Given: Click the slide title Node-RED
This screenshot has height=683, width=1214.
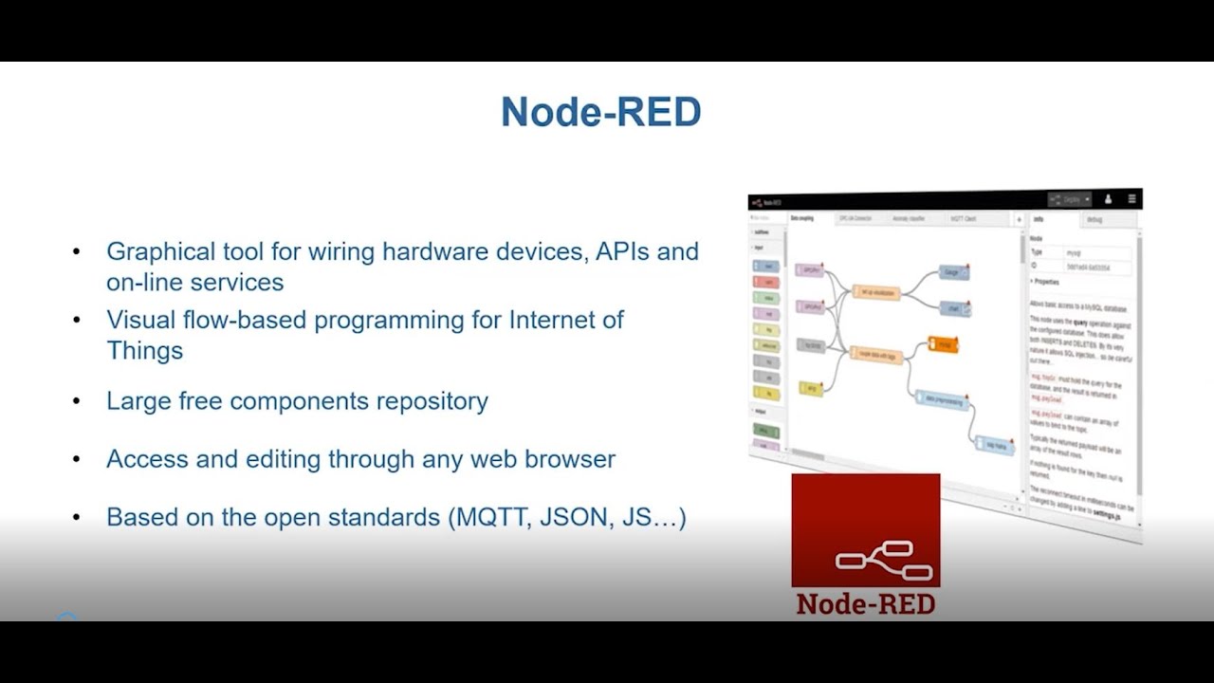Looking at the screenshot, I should click(600, 112).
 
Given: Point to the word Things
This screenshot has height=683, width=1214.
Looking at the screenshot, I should click(144, 350).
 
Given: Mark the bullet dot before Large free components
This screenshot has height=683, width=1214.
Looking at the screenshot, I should click(77, 401).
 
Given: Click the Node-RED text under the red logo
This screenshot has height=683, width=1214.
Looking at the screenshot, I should click(865, 603).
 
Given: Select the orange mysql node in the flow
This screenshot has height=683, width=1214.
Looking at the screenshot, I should click(943, 343).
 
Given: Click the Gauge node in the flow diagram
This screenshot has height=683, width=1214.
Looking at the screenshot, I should click(953, 272).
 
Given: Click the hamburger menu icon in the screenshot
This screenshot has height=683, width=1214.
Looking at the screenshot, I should click(1131, 199).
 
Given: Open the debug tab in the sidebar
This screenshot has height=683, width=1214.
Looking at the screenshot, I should click(1096, 220).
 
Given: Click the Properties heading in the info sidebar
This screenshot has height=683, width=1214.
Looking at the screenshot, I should click(1046, 282).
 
